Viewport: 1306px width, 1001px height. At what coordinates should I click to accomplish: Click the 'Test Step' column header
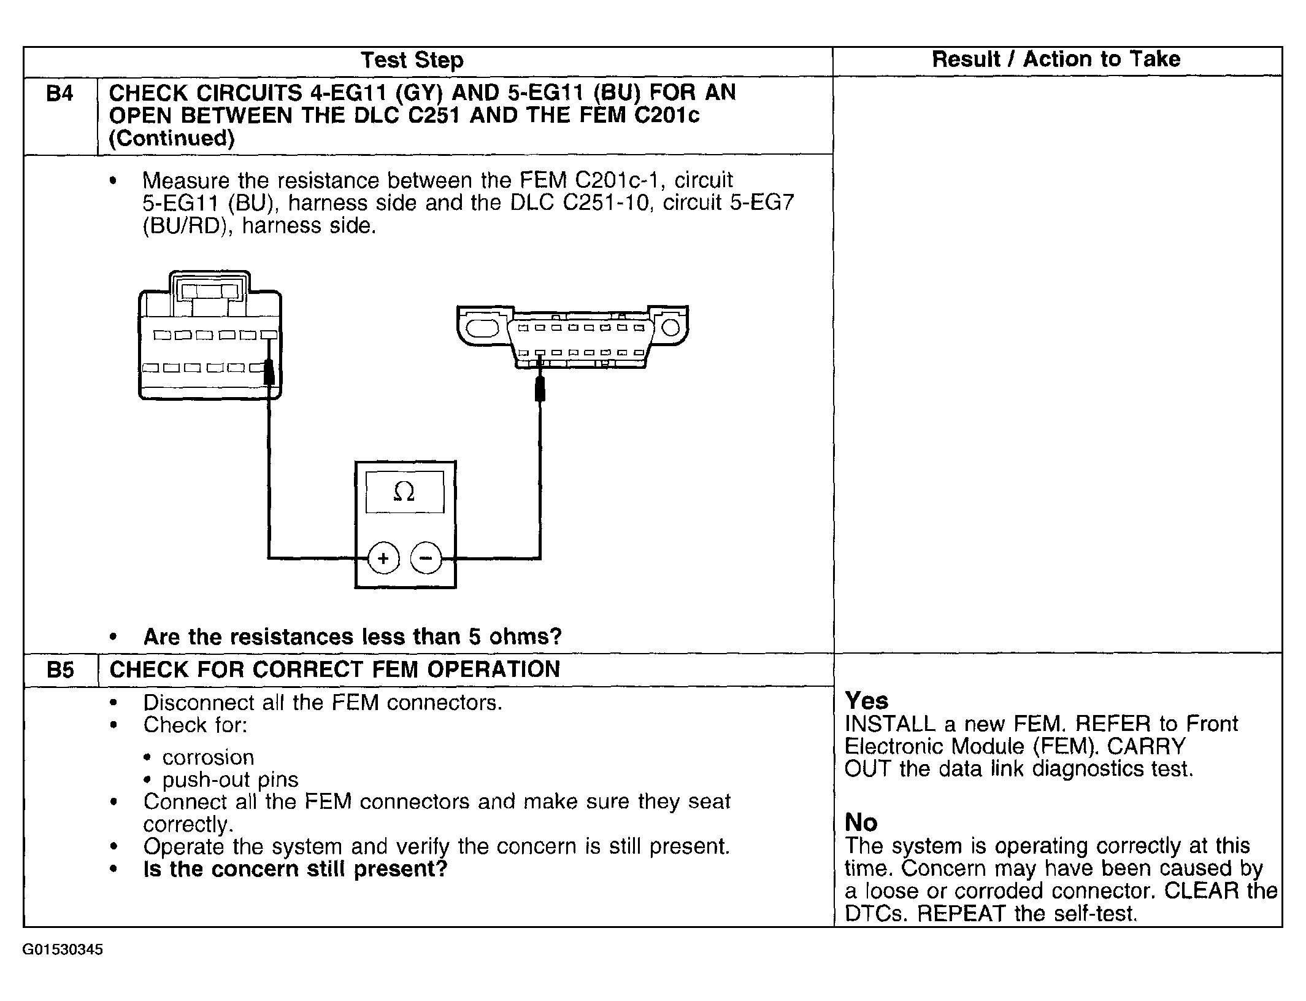point(412,60)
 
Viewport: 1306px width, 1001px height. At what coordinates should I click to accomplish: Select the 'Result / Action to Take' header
point(1056,59)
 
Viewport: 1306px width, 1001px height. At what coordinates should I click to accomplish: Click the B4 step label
point(60,94)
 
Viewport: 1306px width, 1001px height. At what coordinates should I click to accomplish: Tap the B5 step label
point(60,670)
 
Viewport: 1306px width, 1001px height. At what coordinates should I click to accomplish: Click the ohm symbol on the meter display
point(404,492)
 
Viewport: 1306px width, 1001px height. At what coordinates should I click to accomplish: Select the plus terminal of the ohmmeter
point(383,558)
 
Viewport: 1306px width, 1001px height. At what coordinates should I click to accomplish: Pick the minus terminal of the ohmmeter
point(426,558)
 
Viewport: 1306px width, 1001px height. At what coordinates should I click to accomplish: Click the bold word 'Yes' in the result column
point(866,700)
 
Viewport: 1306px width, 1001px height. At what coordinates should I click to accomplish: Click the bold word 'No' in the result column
point(861,822)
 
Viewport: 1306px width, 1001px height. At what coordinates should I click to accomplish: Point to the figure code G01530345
point(63,950)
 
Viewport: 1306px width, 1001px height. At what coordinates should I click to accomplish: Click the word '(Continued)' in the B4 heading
point(172,139)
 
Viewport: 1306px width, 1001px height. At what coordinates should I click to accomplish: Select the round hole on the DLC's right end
point(671,327)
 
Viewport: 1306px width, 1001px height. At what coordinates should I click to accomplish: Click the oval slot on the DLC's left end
point(483,328)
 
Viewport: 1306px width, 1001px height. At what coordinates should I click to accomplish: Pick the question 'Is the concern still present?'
point(295,869)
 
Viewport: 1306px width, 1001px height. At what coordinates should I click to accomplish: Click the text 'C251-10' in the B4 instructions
point(605,203)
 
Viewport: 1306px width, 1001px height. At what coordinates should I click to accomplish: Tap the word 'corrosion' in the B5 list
point(208,757)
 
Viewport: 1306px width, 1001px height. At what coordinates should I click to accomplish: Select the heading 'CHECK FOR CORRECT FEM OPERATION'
point(334,670)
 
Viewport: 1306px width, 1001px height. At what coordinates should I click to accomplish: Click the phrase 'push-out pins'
point(230,779)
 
